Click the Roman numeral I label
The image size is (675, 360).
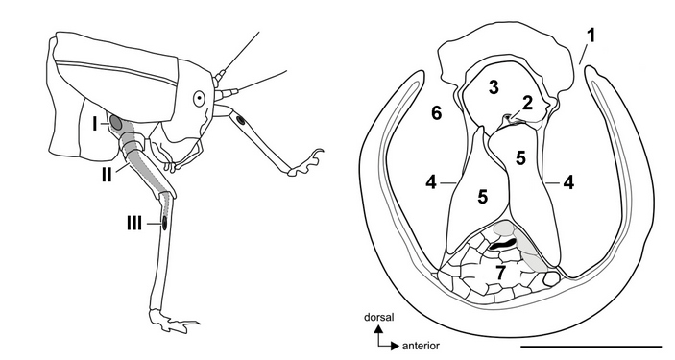[95, 125]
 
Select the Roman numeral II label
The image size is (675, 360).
[107, 175]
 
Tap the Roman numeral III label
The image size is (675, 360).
[133, 224]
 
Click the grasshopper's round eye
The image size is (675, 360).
[199, 99]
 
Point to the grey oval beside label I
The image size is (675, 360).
[115, 123]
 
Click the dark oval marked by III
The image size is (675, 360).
[164, 224]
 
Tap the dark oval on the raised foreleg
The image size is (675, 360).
[242, 121]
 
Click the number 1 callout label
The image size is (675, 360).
[591, 36]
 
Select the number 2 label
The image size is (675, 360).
[528, 103]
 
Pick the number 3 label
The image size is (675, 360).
[494, 87]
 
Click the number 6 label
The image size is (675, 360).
[436, 113]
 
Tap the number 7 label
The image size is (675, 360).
[500, 274]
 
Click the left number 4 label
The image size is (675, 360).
[431, 183]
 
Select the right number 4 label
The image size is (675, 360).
[568, 183]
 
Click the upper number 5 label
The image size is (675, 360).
[520, 158]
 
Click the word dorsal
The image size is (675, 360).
[379, 318]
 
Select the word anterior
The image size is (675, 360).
[421, 346]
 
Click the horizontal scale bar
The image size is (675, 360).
[591, 346]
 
